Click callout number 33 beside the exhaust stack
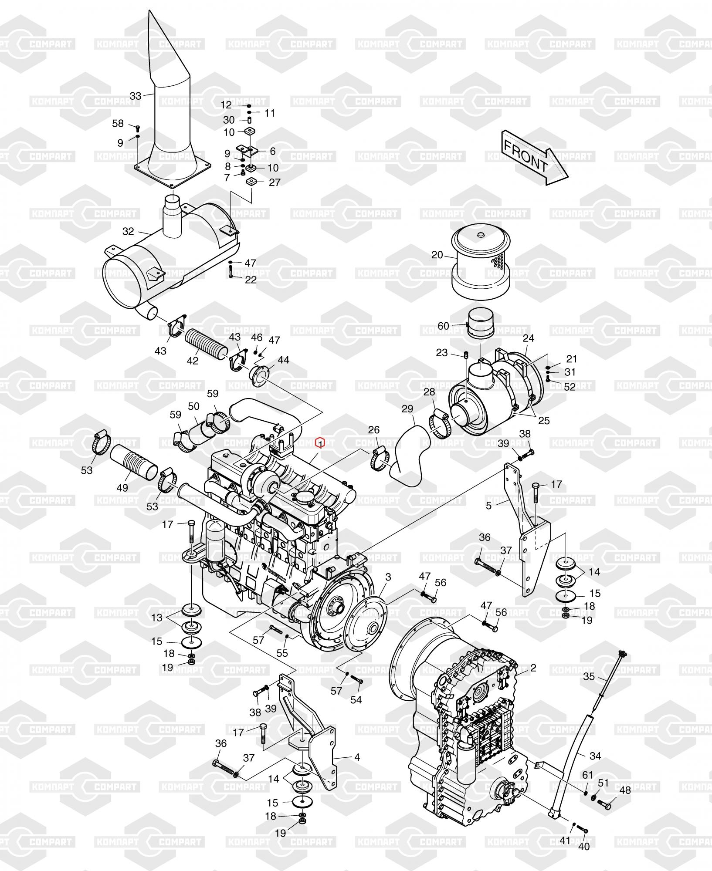[136, 96]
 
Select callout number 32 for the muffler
[128, 231]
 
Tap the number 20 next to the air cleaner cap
[437, 255]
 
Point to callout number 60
[443, 326]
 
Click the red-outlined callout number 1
[321, 443]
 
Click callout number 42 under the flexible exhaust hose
[192, 361]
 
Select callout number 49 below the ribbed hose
[122, 487]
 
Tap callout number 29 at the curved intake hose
[407, 409]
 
